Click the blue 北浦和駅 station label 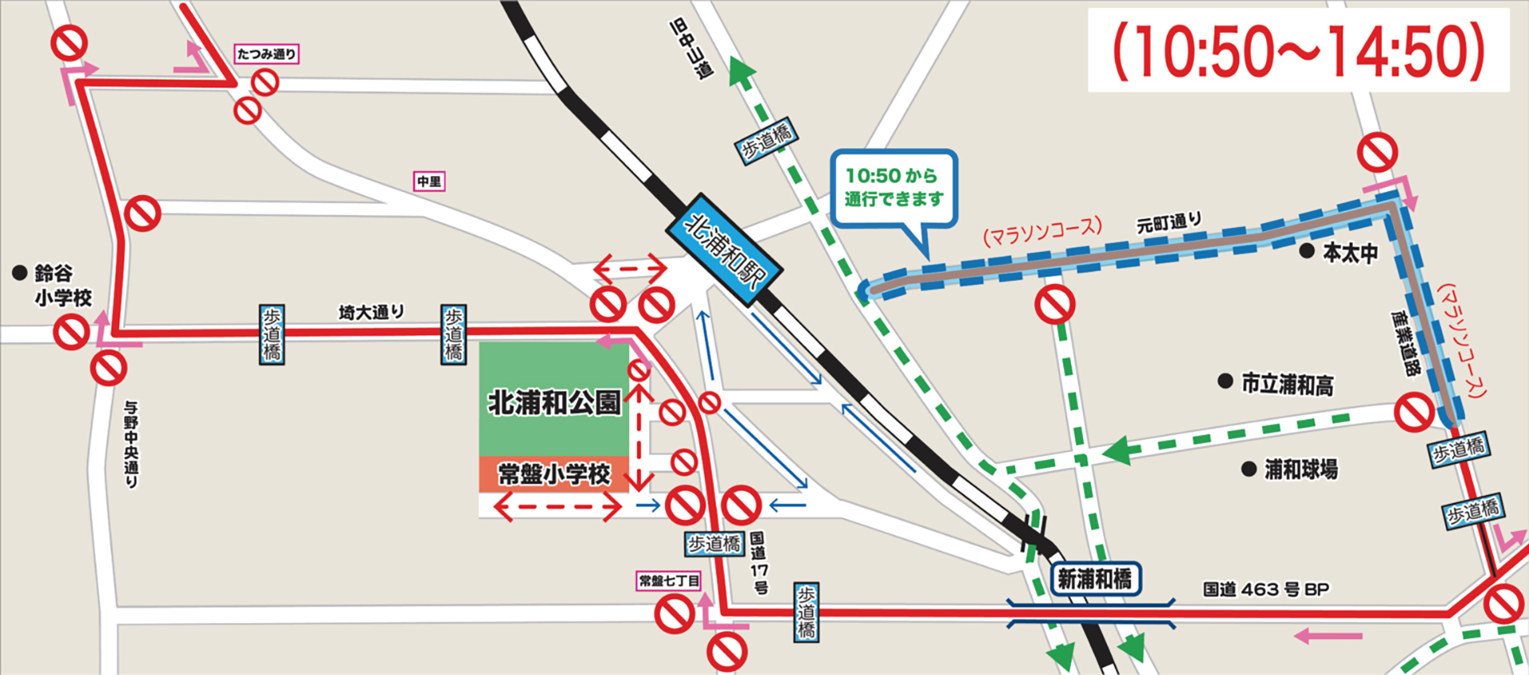pos(724,249)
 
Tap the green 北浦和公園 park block pos(554,400)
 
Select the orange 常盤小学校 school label pos(553,474)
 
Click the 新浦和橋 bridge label pos(1095,579)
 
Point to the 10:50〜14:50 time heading pos(1298,50)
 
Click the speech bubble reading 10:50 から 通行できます pos(894,188)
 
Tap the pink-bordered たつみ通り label pos(267,54)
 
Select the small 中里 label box pos(428,181)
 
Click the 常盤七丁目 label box pos(669,580)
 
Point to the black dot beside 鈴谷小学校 pos(20,273)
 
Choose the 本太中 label pos(1350,253)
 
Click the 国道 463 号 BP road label pos(1265,590)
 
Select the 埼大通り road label pos(371,312)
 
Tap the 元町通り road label pos(1168,222)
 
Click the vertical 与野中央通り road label pos(131,443)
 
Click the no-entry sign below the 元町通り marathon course pos(1055,304)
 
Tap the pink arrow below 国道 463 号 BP pos(1328,636)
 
